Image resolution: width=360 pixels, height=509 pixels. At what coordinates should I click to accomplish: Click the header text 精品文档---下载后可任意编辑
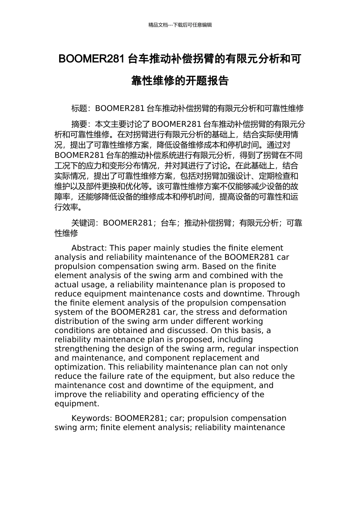(180, 25)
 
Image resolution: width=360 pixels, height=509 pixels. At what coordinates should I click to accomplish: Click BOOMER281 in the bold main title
(91, 59)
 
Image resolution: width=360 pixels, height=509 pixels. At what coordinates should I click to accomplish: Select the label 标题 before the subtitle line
(79, 109)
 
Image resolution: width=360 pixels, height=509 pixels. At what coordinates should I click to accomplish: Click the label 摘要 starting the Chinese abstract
(79, 124)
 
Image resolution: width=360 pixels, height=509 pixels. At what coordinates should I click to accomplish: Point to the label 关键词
(83, 223)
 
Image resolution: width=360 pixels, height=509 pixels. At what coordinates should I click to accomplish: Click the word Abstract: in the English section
(89, 248)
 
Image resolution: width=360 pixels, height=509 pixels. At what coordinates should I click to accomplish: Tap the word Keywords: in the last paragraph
(92, 418)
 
